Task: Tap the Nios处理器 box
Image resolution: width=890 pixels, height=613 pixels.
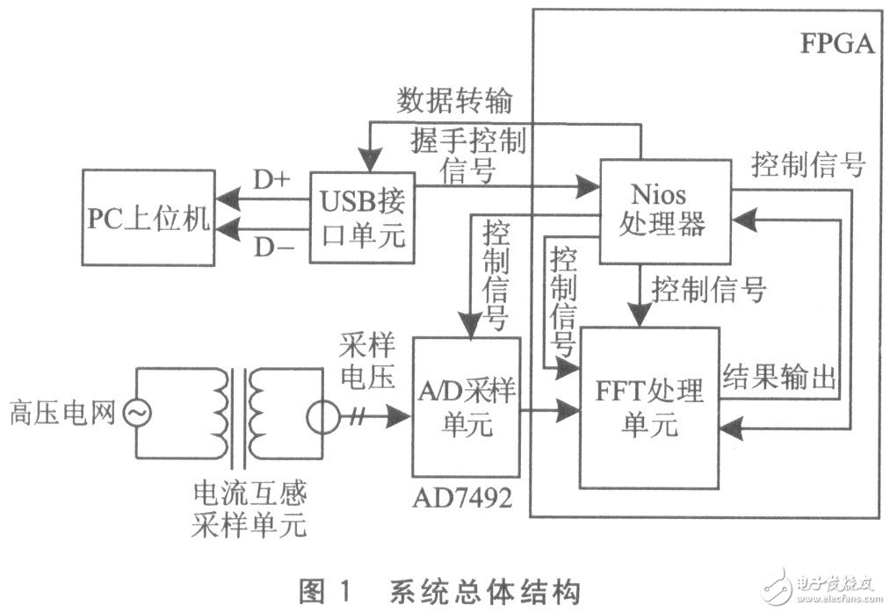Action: point(665,211)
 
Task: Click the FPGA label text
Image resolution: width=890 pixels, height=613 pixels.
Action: point(836,45)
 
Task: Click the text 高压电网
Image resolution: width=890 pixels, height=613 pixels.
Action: point(62,411)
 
